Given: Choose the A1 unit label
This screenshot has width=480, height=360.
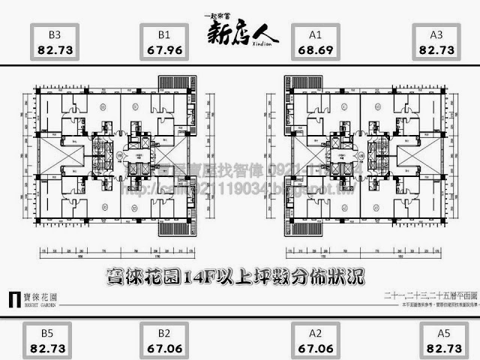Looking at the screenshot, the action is point(315,34).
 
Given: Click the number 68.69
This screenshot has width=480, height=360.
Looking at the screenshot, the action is point(315,50).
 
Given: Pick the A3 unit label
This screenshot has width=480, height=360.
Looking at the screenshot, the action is point(437,34).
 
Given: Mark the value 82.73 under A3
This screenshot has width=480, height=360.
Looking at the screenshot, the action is point(437,50).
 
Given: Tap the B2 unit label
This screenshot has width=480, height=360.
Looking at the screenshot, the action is point(165,333).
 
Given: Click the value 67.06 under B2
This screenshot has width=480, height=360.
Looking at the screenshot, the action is point(165,349).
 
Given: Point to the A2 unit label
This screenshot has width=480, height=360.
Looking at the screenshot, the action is point(315,333).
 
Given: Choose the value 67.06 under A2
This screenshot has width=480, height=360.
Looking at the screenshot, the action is point(315,349).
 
